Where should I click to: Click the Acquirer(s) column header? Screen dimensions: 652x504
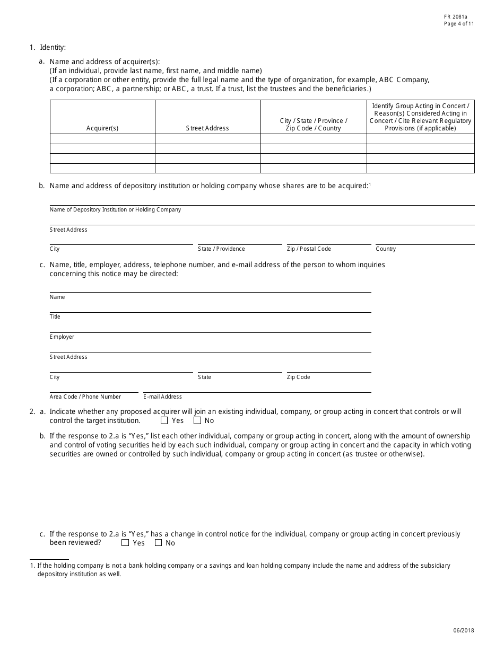(102, 128)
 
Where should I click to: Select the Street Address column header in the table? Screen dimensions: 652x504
(207, 128)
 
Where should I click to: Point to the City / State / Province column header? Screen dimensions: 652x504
(314, 125)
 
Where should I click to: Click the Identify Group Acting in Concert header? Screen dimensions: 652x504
(420, 117)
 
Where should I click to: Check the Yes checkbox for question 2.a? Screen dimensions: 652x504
(164, 421)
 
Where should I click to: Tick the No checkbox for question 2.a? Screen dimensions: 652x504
(197, 421)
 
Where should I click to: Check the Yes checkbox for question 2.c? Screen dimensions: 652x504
(125, 543)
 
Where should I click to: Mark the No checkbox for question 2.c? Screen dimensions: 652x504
(158, 543)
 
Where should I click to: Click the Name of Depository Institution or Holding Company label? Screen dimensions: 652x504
(115, 210)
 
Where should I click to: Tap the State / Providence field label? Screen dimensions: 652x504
(221, 249)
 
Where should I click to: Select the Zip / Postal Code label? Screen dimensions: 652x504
(309, 249)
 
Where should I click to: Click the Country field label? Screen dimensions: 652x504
(386, 249)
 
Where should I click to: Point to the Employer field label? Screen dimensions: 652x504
(62, 337)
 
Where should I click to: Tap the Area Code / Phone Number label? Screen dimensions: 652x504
(85, 397)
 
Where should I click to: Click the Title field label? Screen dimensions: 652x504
(55, 317)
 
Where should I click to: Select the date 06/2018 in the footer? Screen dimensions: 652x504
(464, 631)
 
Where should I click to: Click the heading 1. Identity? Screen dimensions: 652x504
(48, 48)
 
